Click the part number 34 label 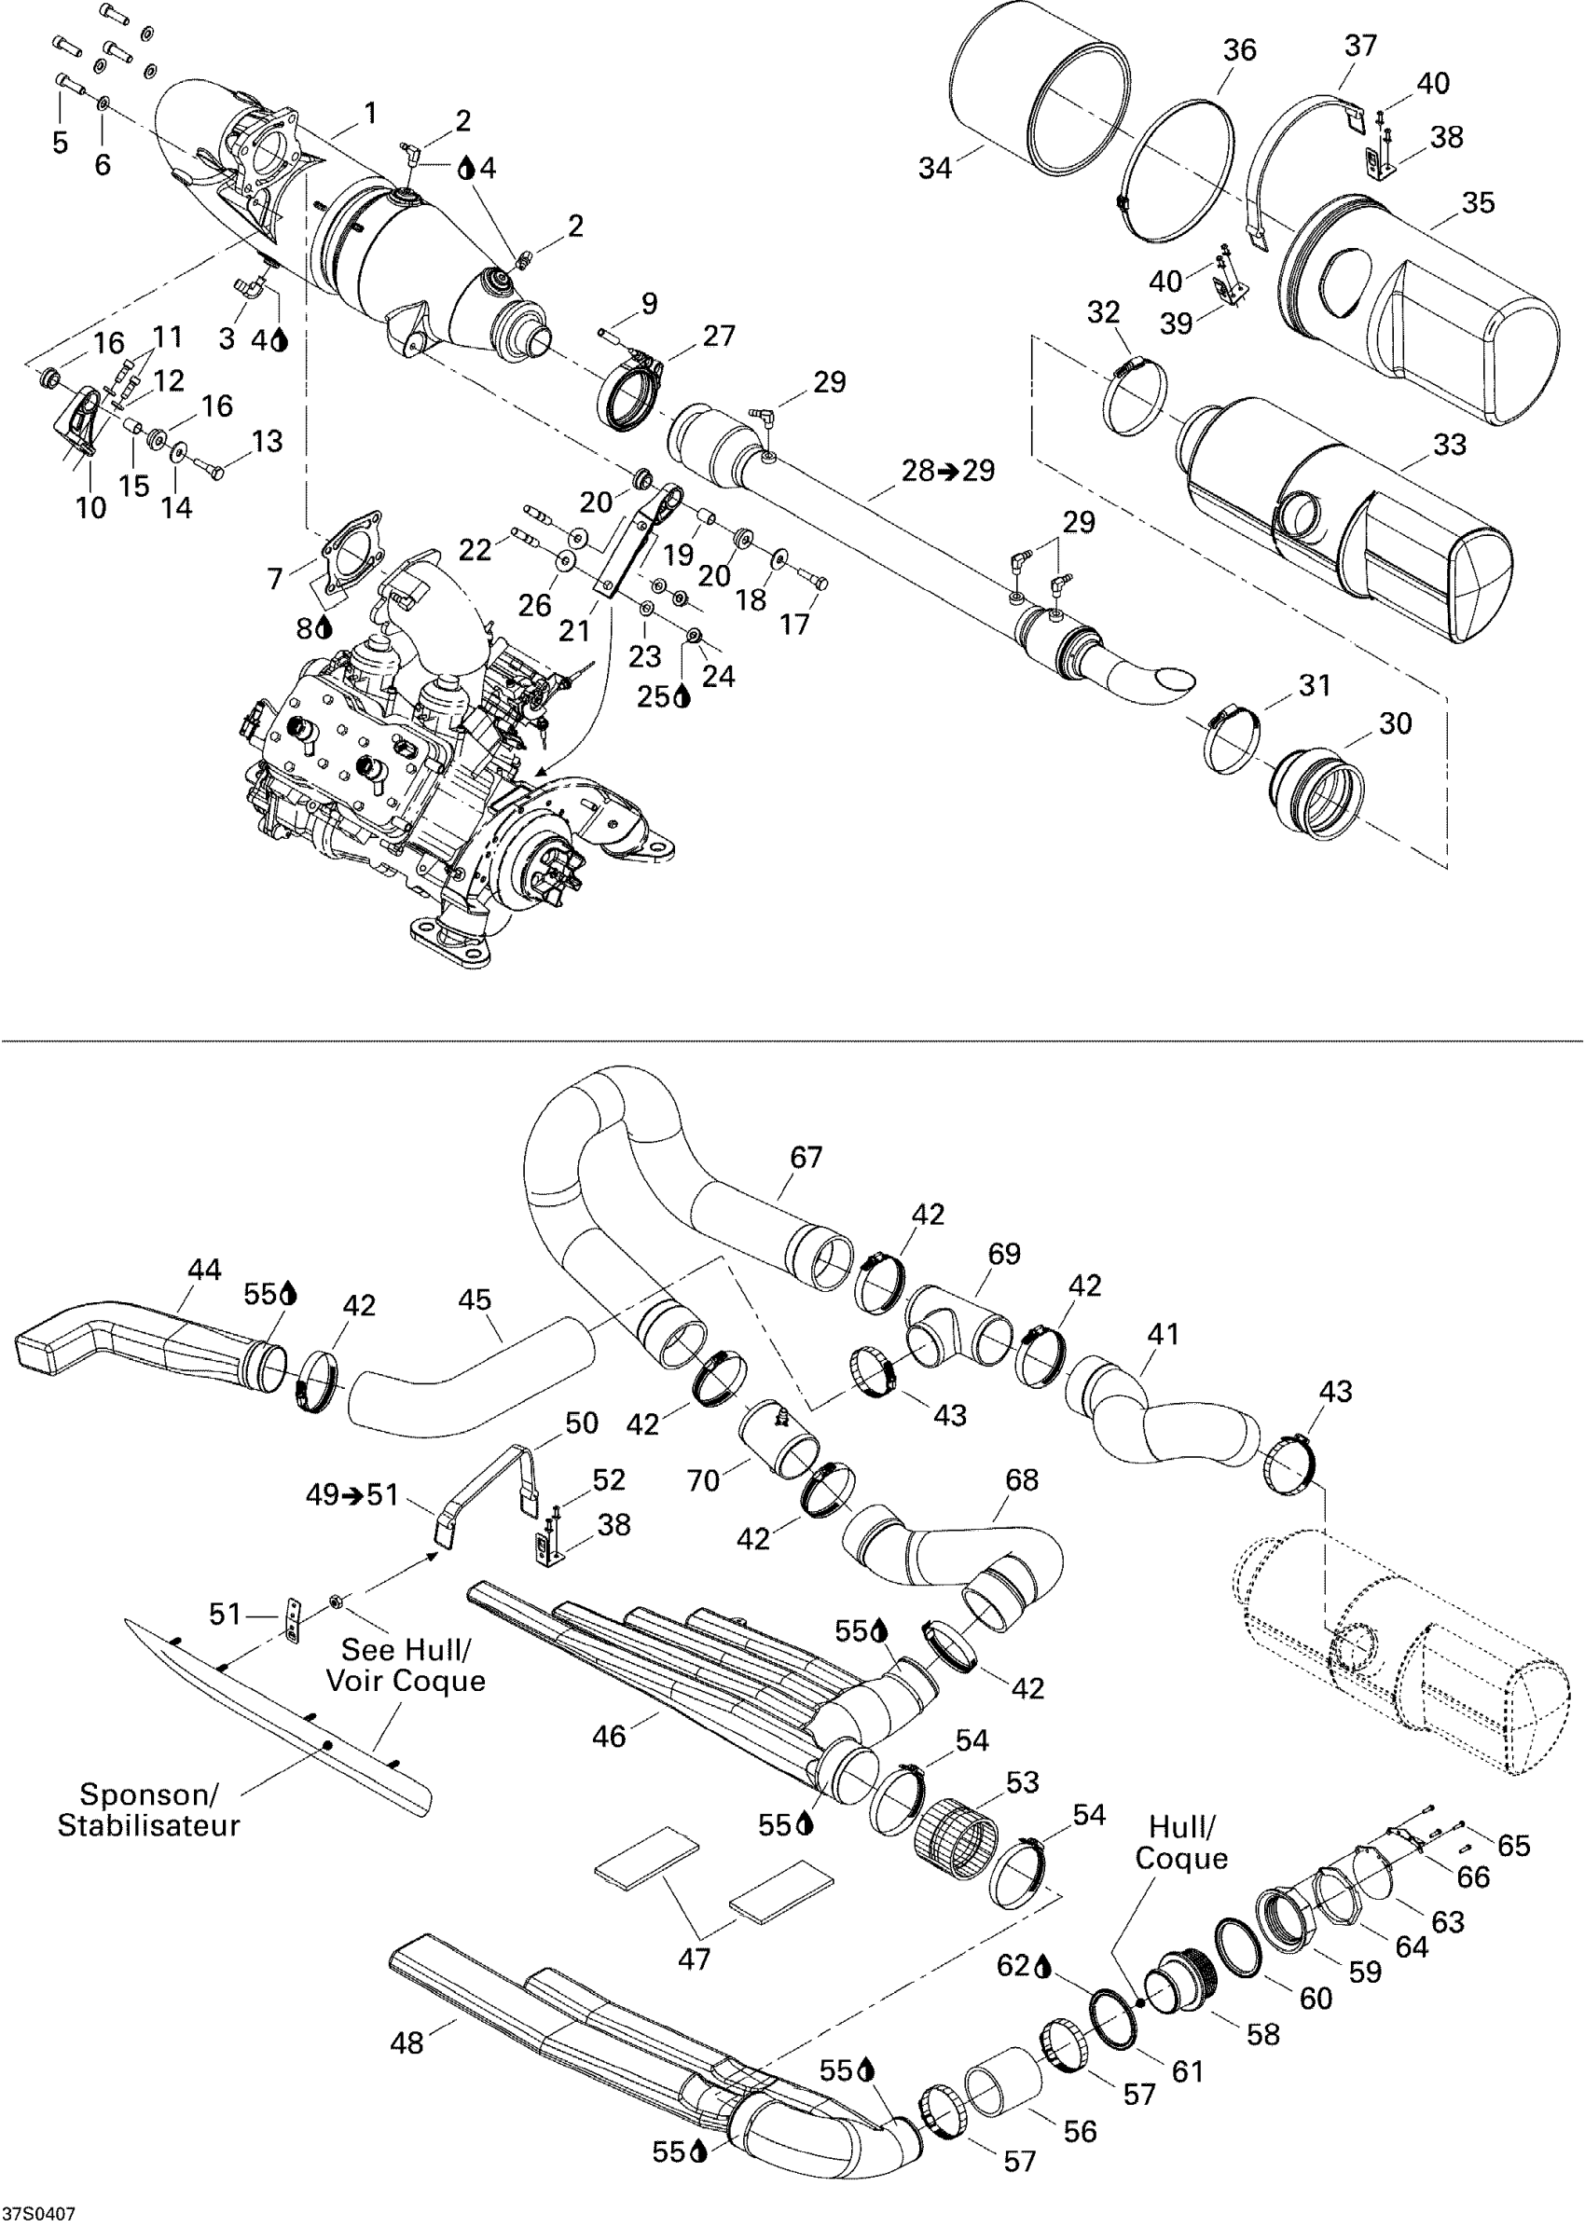point(934,169)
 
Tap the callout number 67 point(806,1158)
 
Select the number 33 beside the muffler point(1449,445)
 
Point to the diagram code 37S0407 point(39,2212)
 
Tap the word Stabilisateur point(148,1826)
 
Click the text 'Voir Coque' point(405,1681)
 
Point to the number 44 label point(205,1270)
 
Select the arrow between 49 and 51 point(352,1495)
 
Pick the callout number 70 point(703,1480)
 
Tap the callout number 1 point(370,114)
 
